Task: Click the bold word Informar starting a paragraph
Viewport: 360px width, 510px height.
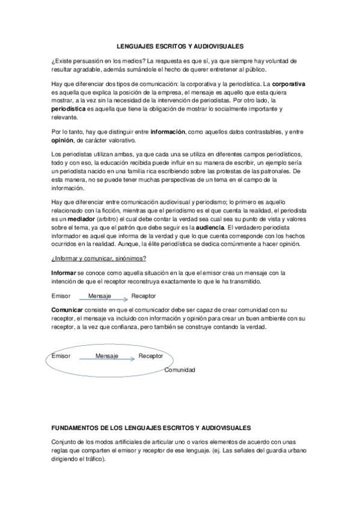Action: pos(64,272)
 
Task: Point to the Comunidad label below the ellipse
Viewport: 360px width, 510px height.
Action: pos(180,369)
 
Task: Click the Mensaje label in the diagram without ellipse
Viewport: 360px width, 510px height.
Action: pos(100,296)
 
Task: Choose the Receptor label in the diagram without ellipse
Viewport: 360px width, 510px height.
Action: pos(144,296)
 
